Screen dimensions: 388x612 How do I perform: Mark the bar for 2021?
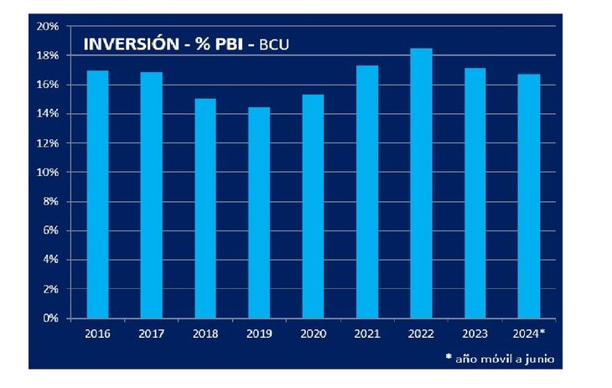[x=367, y=192]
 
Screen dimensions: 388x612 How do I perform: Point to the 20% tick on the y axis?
[x=47, y=26]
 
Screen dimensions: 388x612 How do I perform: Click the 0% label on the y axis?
[x=49, y=318]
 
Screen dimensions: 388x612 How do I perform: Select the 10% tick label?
[x=47, y=173]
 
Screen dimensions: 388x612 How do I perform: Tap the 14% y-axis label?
[x=47, y=114]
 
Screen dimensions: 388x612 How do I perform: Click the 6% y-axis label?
[x=49, y=230]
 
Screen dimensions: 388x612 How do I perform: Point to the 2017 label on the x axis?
[x=152, y=334]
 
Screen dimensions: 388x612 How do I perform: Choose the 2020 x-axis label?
[x=314, y=334]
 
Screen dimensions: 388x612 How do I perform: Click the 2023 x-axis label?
[x=475, y=334]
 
